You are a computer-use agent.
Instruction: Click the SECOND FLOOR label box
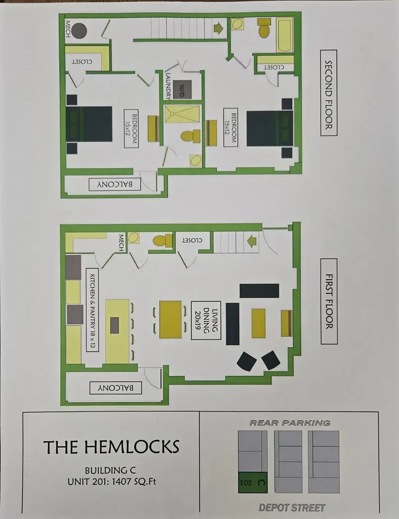tap(329, 93)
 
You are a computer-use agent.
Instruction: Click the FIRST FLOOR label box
tap(329, 301)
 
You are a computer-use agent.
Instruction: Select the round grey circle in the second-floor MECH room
tap(79, 31)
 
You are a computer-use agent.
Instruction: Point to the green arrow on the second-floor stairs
tap(219, 28)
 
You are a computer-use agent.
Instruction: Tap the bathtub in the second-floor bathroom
tap(285, 35)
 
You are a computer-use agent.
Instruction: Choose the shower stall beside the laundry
tap(182, 114)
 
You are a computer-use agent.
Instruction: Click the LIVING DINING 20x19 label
tap(206, 320)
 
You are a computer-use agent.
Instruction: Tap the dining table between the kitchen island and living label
tap(171, 319)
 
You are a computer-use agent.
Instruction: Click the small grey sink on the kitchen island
tap(114, 325)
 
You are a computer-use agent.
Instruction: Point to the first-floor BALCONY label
tap(116, 388)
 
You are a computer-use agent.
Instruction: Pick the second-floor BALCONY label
tap(115, 184)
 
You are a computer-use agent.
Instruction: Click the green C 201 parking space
tap(253, 483)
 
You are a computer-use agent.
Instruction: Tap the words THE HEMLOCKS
tap(111, 447)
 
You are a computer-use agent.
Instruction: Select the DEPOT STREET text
tap(292, 507)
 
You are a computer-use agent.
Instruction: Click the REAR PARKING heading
tap(290, 423)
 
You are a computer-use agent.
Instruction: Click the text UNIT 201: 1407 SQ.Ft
tap(111, 481)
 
